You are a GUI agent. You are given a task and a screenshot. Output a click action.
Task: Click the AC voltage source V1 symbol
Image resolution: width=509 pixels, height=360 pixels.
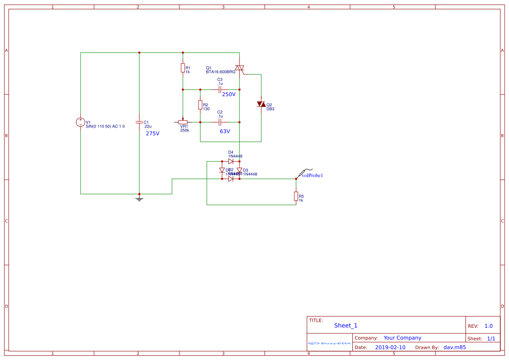81,122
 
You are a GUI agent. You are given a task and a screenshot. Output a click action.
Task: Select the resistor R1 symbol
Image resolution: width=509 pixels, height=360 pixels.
183,68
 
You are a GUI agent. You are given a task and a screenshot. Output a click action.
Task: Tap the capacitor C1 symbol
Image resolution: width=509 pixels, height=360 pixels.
139,122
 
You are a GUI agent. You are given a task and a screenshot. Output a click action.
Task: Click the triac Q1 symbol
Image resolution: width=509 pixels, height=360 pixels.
239,68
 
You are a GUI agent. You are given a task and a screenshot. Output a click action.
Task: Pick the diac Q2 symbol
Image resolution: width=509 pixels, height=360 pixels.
261,104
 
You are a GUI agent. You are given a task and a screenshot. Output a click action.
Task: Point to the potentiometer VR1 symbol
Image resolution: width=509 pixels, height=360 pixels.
183,122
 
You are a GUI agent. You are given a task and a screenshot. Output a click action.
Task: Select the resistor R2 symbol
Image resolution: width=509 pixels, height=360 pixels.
200,105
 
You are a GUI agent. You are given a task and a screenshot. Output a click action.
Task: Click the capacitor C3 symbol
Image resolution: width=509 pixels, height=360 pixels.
220,89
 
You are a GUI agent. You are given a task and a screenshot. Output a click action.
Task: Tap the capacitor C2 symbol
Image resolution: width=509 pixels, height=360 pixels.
220,122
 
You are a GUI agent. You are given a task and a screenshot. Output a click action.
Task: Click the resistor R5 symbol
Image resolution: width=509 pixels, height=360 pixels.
296,196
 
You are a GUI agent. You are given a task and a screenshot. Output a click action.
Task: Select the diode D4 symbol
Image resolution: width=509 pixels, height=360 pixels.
231,161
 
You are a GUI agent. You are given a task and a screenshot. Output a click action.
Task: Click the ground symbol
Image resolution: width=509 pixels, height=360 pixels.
139,199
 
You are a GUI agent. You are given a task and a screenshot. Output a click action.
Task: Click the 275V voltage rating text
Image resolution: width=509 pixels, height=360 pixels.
152,134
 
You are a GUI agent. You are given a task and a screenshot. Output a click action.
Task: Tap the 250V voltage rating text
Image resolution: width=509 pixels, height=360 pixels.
229,94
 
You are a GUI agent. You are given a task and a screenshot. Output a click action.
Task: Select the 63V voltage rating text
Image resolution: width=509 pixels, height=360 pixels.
225,131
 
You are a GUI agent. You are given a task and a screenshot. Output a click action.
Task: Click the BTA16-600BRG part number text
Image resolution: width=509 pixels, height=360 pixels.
220,72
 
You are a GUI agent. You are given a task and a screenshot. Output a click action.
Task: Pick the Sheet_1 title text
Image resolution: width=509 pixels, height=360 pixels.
346,326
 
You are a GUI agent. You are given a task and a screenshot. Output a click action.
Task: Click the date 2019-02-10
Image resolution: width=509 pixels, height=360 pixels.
390,347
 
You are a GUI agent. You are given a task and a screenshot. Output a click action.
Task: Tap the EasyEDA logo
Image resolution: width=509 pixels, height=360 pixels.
330,343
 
